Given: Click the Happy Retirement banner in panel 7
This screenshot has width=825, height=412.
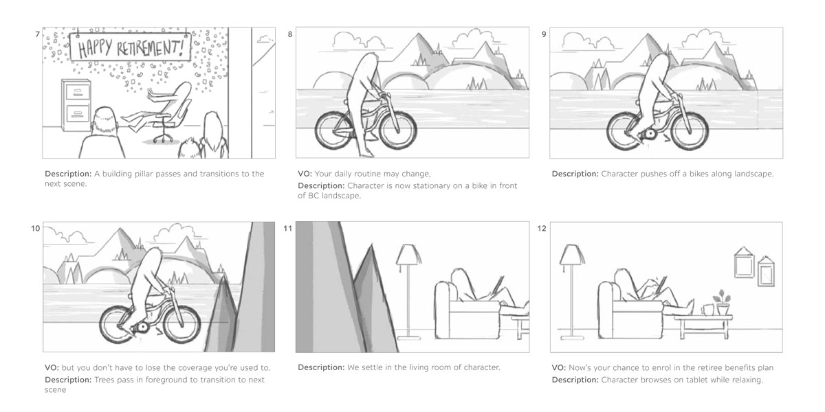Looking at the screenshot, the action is click(x=131, y=47).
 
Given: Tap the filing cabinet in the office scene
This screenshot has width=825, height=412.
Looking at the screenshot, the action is click(x=76, y=104).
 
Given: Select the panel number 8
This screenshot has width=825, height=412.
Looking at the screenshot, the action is click(x=290, y=34).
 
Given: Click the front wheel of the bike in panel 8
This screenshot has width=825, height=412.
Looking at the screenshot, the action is click(x=398, y=130).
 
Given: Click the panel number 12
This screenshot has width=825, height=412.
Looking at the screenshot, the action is click(x=542, y=229).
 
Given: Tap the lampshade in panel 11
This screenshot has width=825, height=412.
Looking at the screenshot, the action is click(x=408, y=255).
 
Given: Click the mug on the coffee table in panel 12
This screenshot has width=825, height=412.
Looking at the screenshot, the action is click(x=706, y=310).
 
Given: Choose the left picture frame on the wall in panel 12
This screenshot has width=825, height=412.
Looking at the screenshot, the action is click(x=744, y=262).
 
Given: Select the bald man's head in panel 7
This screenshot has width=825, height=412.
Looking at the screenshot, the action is click(x=104, y=120).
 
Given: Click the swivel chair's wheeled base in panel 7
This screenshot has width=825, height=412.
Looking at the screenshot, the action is click(x=163, y=138).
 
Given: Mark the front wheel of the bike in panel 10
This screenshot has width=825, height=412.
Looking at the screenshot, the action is click(x=182, y=323).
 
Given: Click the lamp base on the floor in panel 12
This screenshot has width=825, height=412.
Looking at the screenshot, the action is click(x=572, y=336).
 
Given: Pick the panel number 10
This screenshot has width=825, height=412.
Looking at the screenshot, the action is click(x=35, y=229).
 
